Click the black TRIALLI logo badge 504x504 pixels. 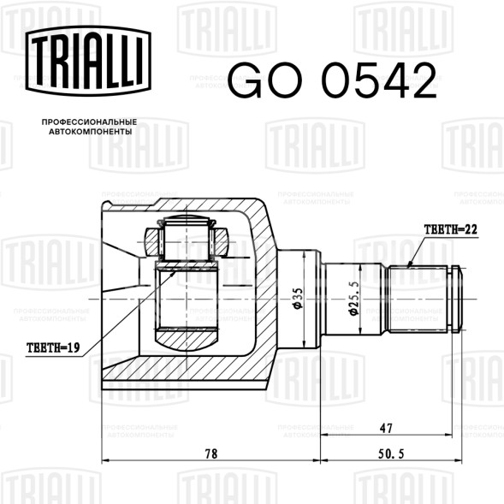tap(88, 61)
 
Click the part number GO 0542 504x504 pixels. tap(332, 80)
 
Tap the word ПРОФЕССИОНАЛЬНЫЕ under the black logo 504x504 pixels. tap(89, 122)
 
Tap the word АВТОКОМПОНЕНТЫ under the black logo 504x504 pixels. tap(91, 132)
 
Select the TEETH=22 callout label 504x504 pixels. tap(451, 229)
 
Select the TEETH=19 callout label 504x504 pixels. tap(53, 347)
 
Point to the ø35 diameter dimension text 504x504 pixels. tap(298, 298)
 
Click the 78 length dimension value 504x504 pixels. tap(211, 454)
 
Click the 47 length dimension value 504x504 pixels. tap(386, 428)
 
